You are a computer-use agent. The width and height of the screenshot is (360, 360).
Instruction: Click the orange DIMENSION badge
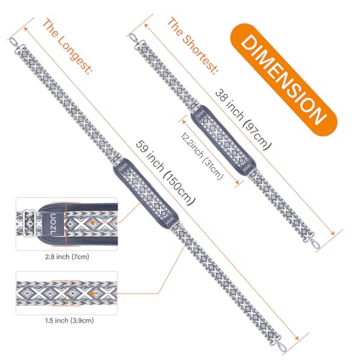284,80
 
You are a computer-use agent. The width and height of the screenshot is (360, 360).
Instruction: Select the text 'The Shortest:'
192,45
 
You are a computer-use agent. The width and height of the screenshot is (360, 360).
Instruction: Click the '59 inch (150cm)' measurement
166,173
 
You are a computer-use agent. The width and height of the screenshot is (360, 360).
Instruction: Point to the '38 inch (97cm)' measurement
243,120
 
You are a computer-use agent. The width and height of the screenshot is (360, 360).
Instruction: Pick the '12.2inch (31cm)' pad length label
202,156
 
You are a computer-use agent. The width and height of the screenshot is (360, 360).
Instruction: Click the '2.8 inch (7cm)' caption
67,257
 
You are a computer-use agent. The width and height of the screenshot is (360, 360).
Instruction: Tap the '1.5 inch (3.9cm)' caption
69,320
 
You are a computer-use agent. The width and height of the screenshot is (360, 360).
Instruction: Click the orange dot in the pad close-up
92,223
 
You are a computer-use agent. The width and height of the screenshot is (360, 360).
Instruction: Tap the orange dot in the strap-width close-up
92,293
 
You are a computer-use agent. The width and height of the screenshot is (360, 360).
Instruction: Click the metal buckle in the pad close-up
30,222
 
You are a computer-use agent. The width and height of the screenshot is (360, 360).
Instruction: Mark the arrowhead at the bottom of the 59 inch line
297,338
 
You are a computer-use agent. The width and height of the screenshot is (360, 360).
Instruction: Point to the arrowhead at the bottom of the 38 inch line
332,233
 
